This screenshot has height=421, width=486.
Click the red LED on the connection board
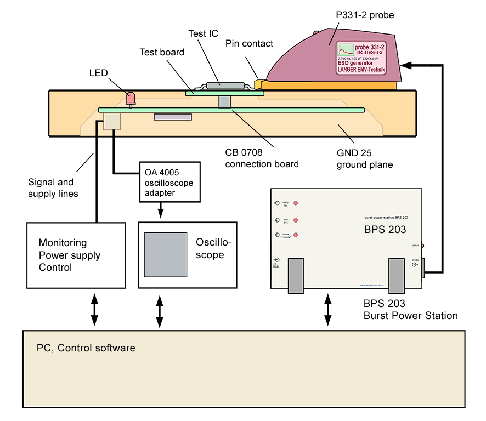pos(131,98)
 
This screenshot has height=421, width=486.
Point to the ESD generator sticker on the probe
pos(363,59)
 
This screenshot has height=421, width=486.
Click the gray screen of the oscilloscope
pos(165,254)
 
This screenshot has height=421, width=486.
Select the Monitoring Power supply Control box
pos(77,255)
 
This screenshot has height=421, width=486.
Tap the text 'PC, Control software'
pos(86,348)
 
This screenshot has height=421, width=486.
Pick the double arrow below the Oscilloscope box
pos(160,312)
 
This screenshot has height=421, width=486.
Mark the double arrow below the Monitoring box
pos(94,311)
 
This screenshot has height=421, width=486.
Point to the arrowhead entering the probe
pos(406,65)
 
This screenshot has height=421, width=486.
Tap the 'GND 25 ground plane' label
pos(365,159)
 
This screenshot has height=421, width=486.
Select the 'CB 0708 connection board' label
pos(262,158)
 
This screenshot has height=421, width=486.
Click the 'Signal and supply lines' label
pos(53,187)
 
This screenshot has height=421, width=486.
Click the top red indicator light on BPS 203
pos(296,203)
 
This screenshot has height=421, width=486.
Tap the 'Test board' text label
pos(162,53)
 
